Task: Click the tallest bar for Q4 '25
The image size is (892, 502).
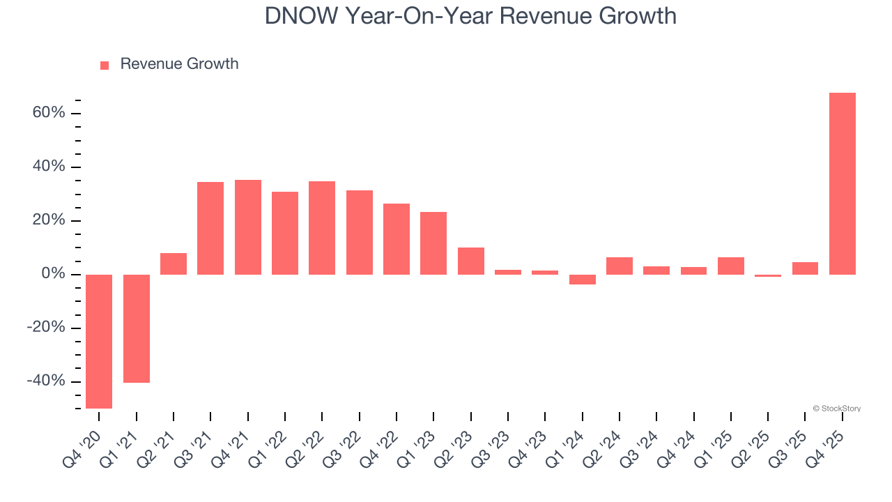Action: point(842,183)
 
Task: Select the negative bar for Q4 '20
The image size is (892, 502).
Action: point(99,341)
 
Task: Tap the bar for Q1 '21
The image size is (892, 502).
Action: point(137,328)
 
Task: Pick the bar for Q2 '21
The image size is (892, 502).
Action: point(174,264)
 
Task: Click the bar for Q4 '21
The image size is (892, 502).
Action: point(248,227)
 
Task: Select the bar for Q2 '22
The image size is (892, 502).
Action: point(322,228)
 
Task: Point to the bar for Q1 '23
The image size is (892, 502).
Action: point(433,243)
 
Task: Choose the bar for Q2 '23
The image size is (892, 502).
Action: point(471,261)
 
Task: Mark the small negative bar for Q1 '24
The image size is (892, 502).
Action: point(583,280)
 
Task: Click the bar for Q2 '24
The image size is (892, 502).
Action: point(620,266)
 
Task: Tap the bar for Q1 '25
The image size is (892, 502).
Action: point(731,266)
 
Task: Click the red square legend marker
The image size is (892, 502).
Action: point(105,65)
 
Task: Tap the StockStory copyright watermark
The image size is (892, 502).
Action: point(836,409)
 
